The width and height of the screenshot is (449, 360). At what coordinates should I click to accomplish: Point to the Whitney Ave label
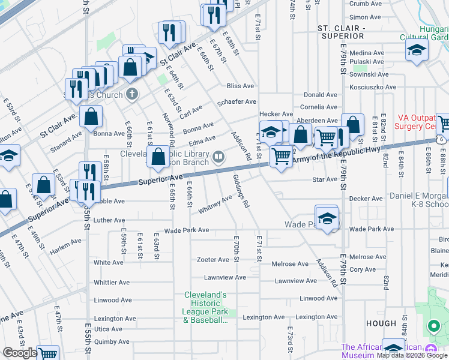pos(215,205)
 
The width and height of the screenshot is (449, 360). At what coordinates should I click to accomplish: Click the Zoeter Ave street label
pos(213,260)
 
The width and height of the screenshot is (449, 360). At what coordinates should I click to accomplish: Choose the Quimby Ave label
pos(112,342)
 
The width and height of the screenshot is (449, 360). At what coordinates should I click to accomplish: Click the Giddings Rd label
pos(241,190)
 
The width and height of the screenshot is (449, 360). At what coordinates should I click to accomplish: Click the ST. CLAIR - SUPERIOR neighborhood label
pos(342,32)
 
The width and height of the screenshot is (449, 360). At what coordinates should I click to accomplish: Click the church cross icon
pos(132,94)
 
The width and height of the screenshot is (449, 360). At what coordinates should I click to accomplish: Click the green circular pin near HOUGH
pos(433,326)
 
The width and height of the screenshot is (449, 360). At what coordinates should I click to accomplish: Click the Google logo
pos(20,353)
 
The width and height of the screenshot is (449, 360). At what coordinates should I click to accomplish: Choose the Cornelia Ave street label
pos(319,107)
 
